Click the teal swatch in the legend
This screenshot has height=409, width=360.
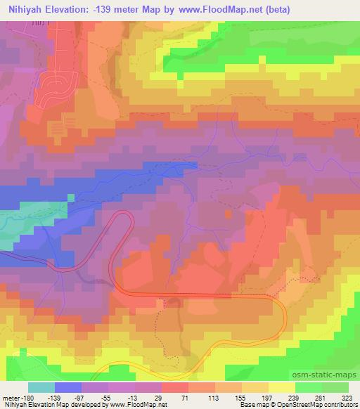point(41,387)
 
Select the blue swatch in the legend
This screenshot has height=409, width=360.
point(68,387)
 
